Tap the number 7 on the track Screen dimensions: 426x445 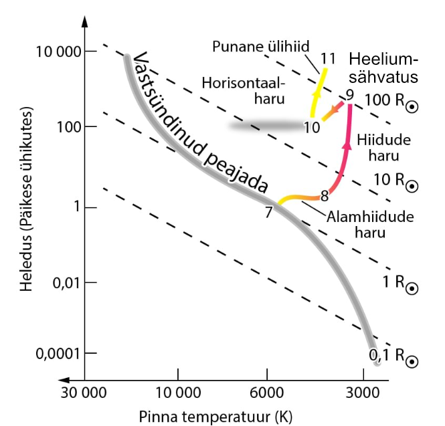268,213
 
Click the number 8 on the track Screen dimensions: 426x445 325,196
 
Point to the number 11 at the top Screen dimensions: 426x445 327,58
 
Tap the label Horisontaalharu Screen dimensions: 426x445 243,90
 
